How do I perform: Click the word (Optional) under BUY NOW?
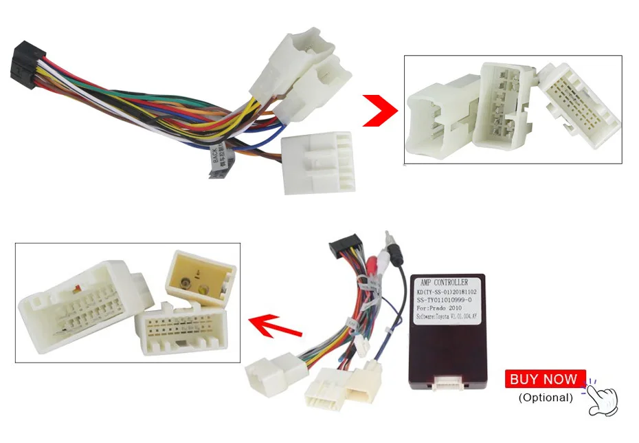[545, 398]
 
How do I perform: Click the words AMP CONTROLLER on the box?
[442, 282]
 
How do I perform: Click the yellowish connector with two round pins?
[201, 278]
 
